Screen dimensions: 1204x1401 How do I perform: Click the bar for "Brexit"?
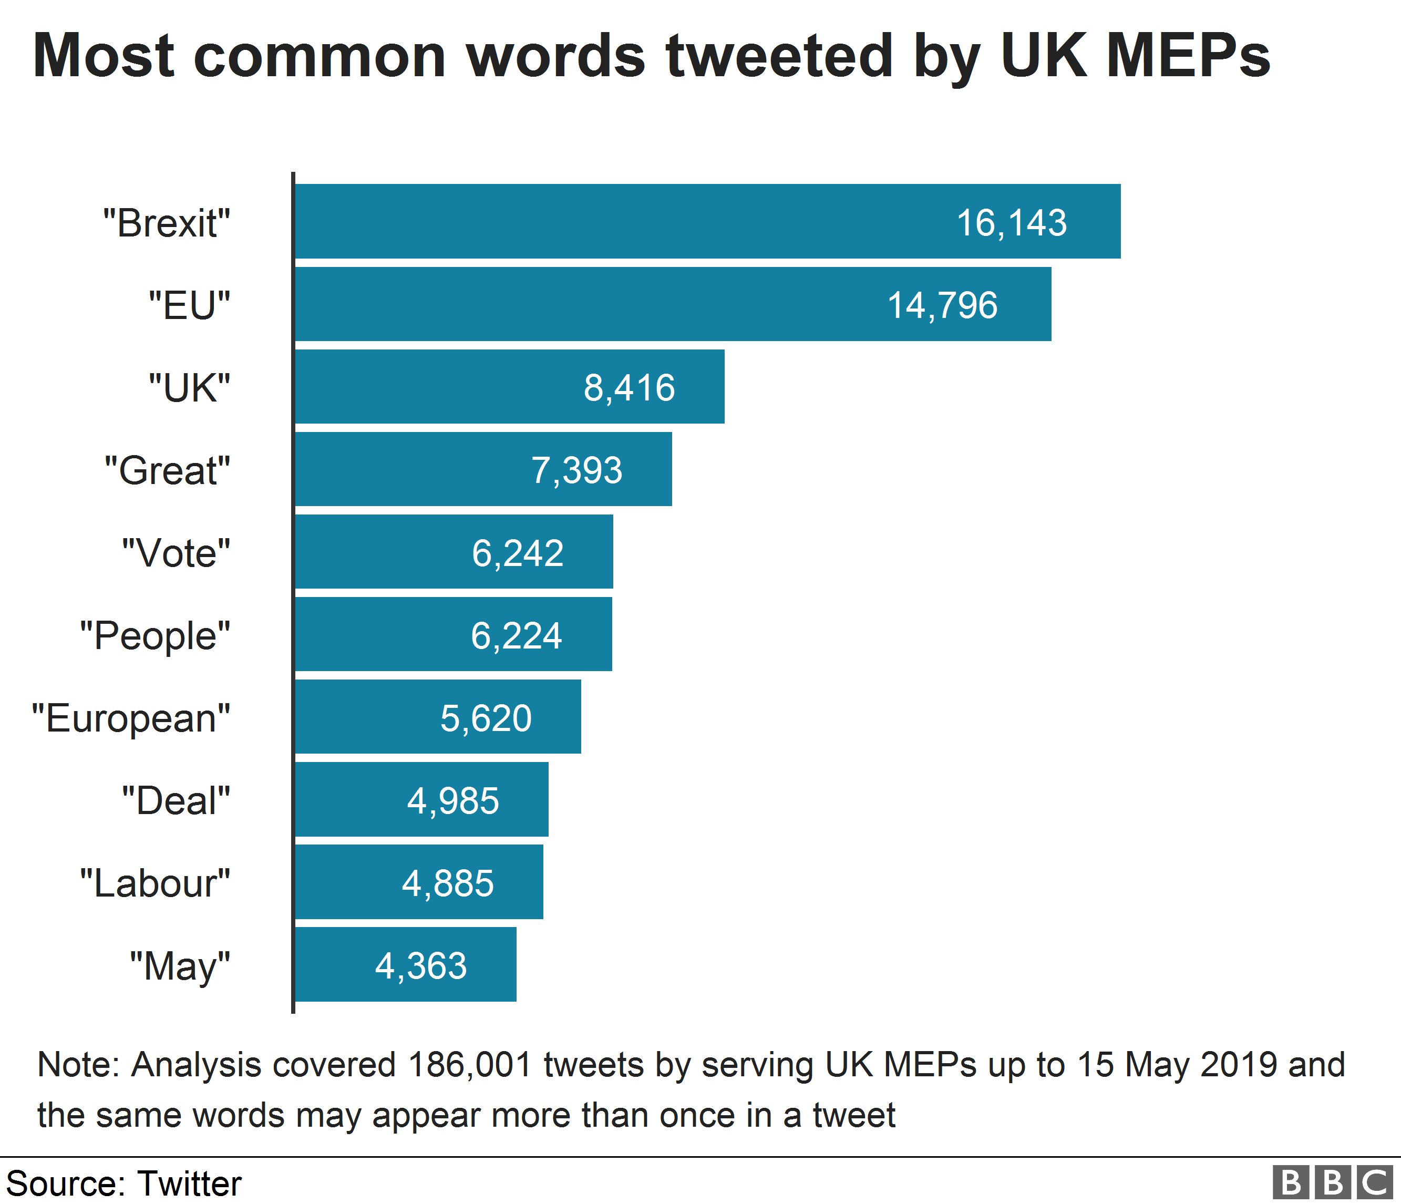(x=707, y=221)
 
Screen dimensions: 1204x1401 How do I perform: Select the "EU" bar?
(x=673, y=304)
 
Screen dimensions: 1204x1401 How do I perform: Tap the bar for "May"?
(x=406, y=964)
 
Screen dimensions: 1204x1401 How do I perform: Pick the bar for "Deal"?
(x=421, y=799)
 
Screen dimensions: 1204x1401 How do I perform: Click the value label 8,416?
(x=629, y=388)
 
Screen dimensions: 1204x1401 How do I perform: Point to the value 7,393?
(x=576, y=470)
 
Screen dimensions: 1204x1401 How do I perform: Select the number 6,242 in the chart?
(x=517, y=553)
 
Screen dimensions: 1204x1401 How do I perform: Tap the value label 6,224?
(x=516, y=635)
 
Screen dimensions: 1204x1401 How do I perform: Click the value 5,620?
(x=486, y=718)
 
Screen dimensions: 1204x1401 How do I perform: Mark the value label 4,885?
(x=448, y=883)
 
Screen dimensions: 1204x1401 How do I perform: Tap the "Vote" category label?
(x=176, y=553)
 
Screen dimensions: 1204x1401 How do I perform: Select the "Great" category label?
(x=167, y=470)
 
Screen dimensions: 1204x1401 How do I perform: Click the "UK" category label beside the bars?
(x=189, y=388)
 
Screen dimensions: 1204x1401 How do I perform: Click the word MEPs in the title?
(x=1188, y=56)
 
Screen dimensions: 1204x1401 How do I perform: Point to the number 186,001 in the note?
(x=470, y=1065)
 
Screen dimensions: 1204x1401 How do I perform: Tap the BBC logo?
(x=1332, y=1182)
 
